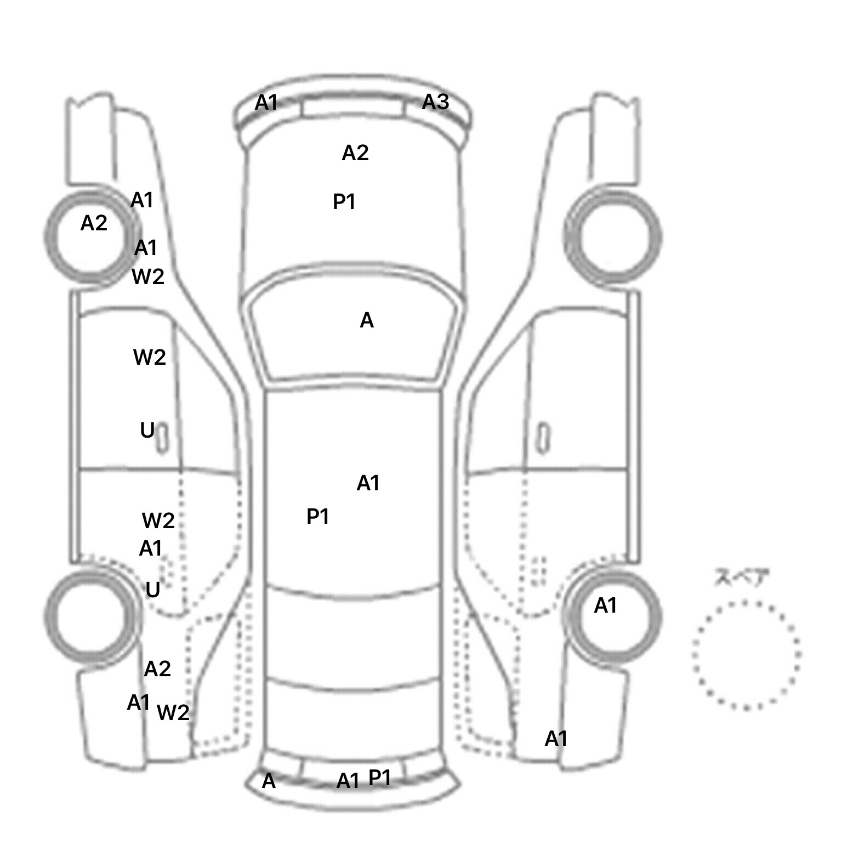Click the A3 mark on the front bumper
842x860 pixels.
[x=436, y=102]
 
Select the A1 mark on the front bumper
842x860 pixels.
[x=266, y=103]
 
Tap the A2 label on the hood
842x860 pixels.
[x=355, y=153]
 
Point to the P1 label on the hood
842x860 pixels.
[x=344, y=202]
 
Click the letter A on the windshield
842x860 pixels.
[x=367, y=320]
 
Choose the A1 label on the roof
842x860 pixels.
[x=368, y=483]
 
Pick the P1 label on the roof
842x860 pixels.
[x=317, y=516]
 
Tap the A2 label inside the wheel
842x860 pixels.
[x=94, y=223]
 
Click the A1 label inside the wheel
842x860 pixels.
[x=606, y=606]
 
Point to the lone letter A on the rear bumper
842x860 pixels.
[x=269, y=781]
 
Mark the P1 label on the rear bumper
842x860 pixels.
[x=380, y=777]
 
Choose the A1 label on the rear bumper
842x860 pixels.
[x=348, y=780]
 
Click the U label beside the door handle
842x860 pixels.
[x=147, y=431]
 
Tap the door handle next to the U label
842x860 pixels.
[x=162, y=438]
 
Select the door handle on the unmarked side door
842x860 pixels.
[x=543, y=438]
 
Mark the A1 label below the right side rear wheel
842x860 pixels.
[x=556, y=739]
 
